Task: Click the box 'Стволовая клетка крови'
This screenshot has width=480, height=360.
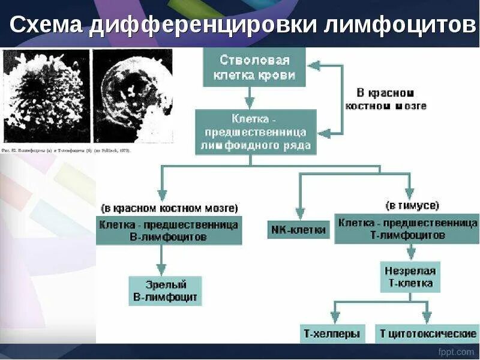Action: [254, 68]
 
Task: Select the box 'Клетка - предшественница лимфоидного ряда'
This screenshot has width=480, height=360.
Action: [255, 132]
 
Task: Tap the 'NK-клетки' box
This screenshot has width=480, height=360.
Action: [298, 229]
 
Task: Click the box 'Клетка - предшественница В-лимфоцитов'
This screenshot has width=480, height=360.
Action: [169, 230]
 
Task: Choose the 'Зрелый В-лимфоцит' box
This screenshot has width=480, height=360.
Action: [166, 290]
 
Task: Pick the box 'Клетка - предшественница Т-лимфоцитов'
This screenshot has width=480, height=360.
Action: [406, 229]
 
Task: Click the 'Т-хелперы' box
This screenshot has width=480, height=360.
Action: [332, 334]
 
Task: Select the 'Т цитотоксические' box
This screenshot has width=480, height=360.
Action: [427, 334]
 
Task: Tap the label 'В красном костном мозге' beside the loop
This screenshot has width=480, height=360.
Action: [386, 100]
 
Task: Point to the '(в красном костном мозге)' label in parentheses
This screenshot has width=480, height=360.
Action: [169, 208]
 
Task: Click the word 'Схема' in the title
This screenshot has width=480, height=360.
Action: [47, 25]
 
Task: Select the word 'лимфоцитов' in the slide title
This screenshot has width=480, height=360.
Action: [399, 25]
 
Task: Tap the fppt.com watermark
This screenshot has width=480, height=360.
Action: [455, 352]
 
